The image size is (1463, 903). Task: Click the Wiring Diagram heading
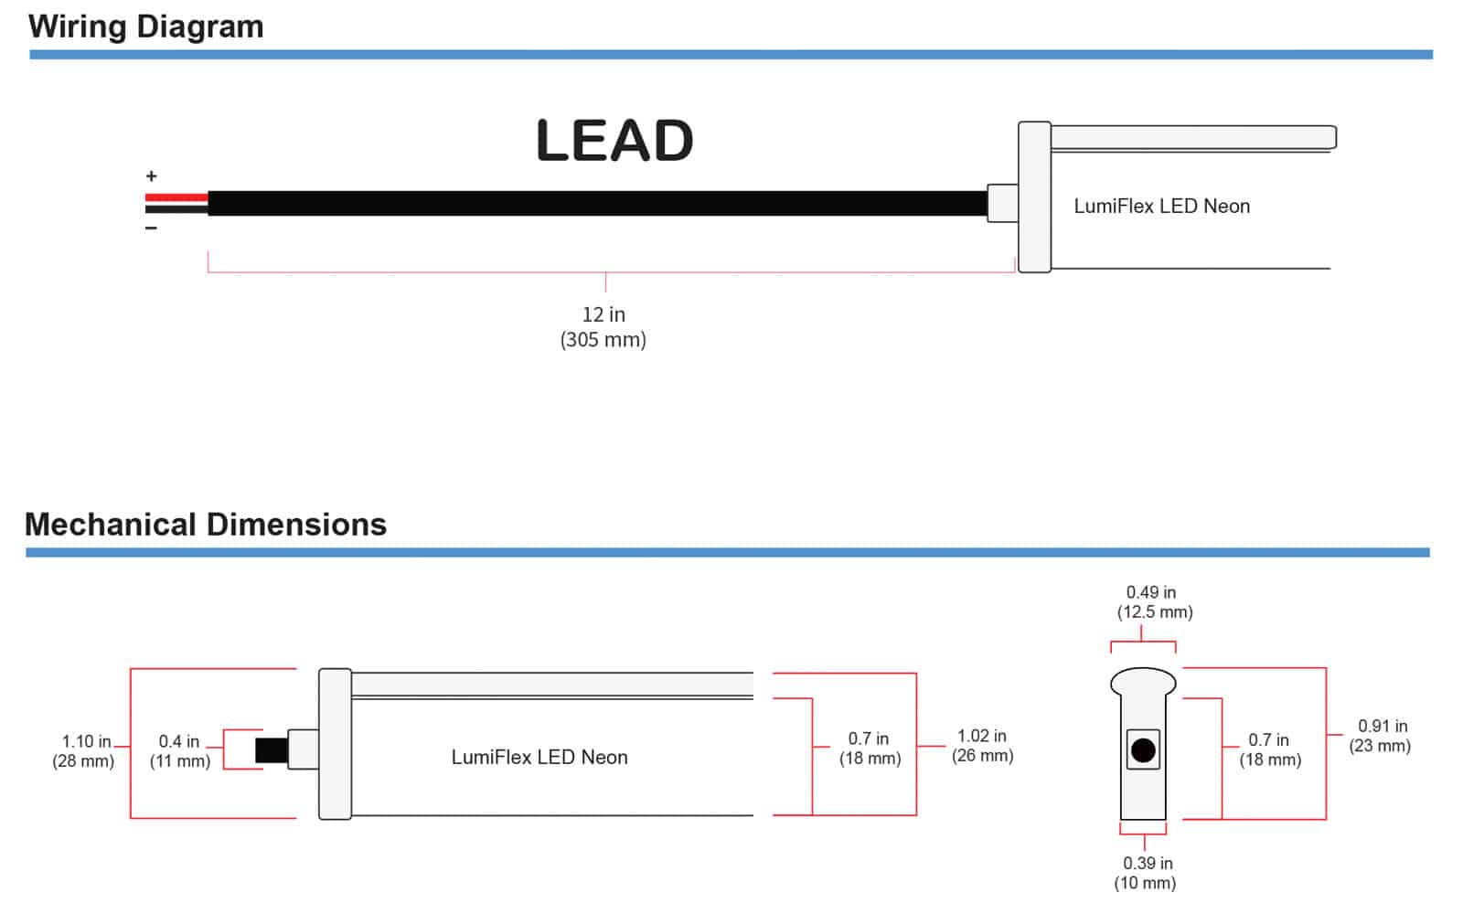point(145,27)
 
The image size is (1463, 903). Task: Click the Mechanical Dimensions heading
point(206,525)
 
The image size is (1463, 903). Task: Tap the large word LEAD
point(614,141)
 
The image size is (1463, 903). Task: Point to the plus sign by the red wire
point(152,176)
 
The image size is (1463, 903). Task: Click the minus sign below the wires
point(152,228)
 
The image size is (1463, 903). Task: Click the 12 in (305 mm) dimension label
point(603,327)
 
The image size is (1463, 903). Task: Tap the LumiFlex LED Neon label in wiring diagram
point(1161,207)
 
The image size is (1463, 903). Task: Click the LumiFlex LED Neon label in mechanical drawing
point(539,757)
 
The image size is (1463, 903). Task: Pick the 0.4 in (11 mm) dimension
point(180,751)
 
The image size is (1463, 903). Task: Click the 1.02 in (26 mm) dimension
point(982,746)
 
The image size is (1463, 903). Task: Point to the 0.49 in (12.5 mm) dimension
point(1154,602)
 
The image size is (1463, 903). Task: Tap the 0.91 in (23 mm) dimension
point(1381,736)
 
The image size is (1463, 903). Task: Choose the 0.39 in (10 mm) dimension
point(1147,873)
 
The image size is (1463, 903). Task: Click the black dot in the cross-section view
point(1143,750)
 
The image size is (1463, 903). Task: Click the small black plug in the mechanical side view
point(272,750)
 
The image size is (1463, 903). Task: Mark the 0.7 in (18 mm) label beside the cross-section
point(1269,749)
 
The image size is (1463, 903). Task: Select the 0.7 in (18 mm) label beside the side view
point(870,749)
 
